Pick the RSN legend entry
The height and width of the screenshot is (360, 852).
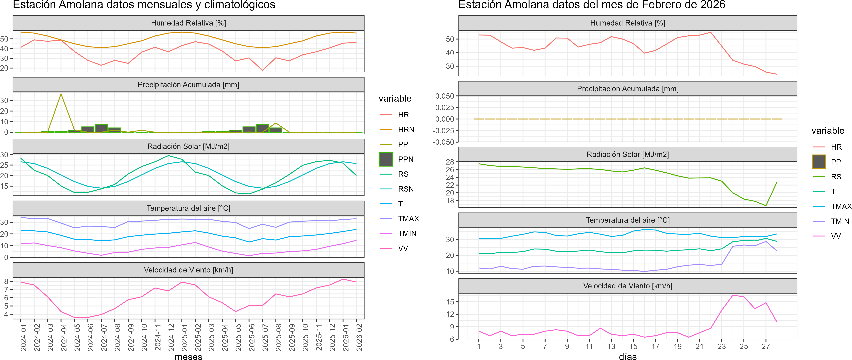click(406, 189)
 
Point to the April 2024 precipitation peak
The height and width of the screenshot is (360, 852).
click(61, 94)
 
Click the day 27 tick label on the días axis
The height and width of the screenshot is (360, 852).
click(766, 346)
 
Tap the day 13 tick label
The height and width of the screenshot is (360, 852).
click(611, 346)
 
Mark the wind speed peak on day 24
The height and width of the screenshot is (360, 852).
click(733, 295)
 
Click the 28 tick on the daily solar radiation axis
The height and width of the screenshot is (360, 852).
click(450, 162)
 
